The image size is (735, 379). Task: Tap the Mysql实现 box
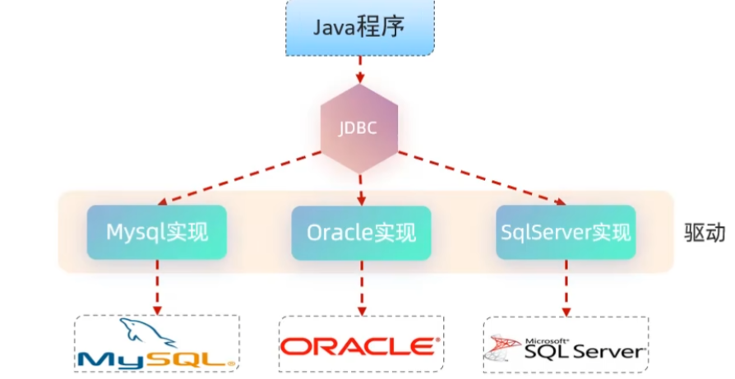tap(155, 232)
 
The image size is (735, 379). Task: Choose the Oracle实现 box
tap(361, 233)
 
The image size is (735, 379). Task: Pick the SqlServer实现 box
tap(566, 232)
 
